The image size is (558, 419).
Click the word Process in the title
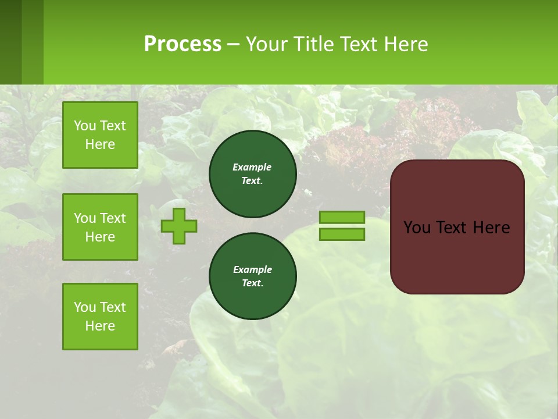(x=183, y=44)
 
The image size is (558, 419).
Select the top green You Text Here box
(x=100, y=135)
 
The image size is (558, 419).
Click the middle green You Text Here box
(x=100, y=227)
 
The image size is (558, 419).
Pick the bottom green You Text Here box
(x=100, y=317)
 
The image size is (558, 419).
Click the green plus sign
(x=179, y=226)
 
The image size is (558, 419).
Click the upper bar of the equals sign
(x=342, y=217)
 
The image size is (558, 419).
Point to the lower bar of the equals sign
(x=342, y=234)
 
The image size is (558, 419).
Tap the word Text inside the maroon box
(x=456, y=228)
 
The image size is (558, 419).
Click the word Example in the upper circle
(x=252, y=167)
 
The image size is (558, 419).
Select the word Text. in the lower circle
(x=252, y=283)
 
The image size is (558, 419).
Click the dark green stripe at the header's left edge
(x=10, y=42)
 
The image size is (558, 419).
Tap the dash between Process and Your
(x=233, y=45)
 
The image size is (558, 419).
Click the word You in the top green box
(x=85, y=126)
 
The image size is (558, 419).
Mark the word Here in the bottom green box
(x=100, y=326)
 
